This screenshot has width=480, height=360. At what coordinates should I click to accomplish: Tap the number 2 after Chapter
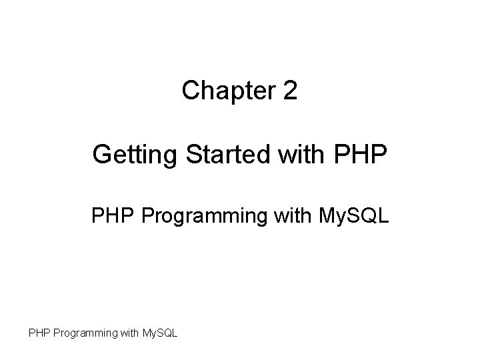290,91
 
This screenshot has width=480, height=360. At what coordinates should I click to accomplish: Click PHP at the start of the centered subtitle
108,217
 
